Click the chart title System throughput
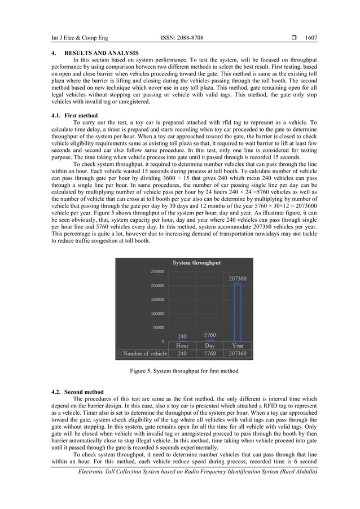pyautogui.click(x=196, y=262)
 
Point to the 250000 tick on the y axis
pyautogui.click(x=157, y=271)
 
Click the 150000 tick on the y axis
pyautogui.click(x=157, y=300)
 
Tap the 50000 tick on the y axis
pyautogui.click(x=159, y=327)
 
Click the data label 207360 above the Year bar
pyautogui.click(x=238, y=278)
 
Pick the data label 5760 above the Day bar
pyautogui.click(x=209, y=335)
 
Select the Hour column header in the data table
pyautogui.click(x=182, y=345)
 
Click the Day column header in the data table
pyautogui.click(x=209, y=345)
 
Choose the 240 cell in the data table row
pyautogui.click(x=182, y=354)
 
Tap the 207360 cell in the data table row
pyautogui.click(x=238, y=354)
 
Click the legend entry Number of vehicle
pyautogui.click(x=142, y=354)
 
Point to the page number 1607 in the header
pyautogui.click(x=311, y=38)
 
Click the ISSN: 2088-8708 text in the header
pyautogui.click(x=182, y=38)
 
